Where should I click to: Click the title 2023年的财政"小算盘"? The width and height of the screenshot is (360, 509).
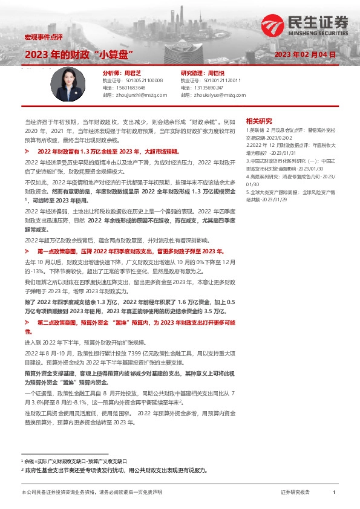(79, 55)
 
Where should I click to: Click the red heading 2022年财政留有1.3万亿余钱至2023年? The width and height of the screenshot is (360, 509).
(112, 151)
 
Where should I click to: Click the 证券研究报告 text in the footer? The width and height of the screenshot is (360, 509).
(295, 493)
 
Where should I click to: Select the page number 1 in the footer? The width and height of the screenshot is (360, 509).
(334, 493)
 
